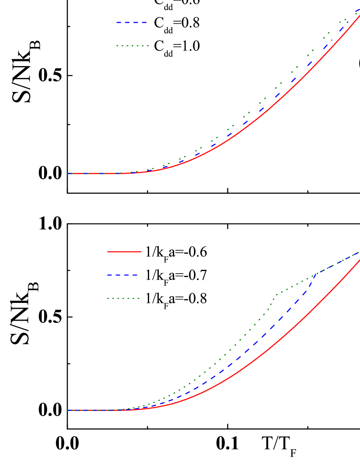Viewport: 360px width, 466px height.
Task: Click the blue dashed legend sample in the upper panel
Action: (132, 22)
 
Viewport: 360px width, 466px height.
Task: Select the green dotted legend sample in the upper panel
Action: (133, 45)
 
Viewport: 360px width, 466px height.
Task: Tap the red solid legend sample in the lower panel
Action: (124, 252)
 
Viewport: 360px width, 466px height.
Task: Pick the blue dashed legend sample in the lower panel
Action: (123, 275)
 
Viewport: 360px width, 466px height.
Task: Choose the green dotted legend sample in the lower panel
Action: (123, 298)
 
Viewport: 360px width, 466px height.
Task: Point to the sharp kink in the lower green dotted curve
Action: (276, 294)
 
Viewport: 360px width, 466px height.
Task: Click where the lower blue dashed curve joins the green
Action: (316, 274)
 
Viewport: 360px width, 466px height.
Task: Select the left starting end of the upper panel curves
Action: (68, 173)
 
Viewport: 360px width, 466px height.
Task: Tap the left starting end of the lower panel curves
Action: (68, 410)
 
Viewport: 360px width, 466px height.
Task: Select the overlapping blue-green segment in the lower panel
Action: (337, 264)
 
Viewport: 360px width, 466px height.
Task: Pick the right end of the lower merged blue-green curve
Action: (358, 252)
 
